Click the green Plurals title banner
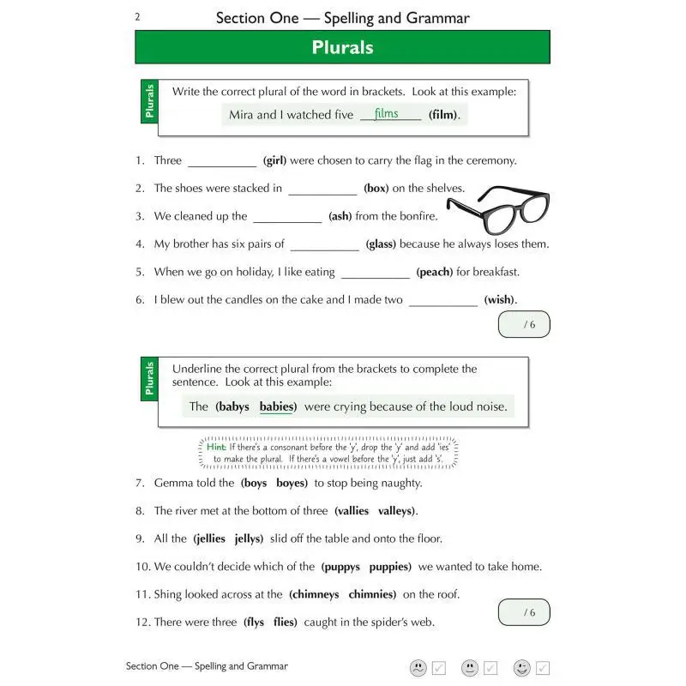(x=342, y=47)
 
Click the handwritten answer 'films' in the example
(x=387, y=113)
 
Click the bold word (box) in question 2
(x=376, y=189)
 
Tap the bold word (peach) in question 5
(x=434, y=272)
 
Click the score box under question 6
(x=523, y=324)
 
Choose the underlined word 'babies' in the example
(x=277, y=406)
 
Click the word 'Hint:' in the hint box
(x=216, y=447)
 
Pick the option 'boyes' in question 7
(x=291, y=483)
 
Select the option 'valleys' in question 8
(x=397, y=510)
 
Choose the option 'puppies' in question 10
(x=390, y=566)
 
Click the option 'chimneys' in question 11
(x=314, y=593)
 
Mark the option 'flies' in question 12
(x=285, y=622)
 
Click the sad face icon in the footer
(x=418, y=667)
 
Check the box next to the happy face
(x=542, y=667)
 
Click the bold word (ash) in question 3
(x=340, y=216)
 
